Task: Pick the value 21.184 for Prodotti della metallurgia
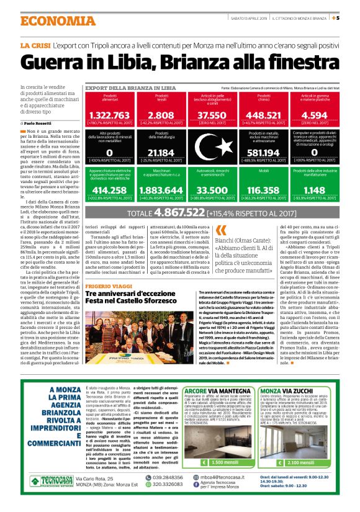[x=161, y=153]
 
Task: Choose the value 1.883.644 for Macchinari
[x=161, y=191]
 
